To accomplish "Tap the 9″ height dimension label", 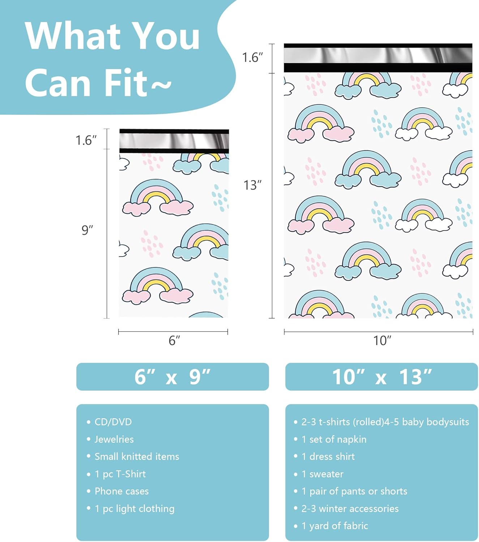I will (x=87, y=230).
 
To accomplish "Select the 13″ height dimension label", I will (x=252, y=185).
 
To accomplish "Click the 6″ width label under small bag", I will (x=174, y=340).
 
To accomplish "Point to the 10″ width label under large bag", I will (x=382, y=340).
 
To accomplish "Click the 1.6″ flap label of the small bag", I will (x=86, y=140).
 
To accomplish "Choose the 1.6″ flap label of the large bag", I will (x=252, y=57).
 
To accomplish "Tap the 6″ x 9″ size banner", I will (x=172, y=377).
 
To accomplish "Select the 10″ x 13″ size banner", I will (x=381, y=377).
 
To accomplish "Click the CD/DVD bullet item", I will (x=113, y=422).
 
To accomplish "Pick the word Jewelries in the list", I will (x=114, y=439).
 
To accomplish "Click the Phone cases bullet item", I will (x=121, y=491).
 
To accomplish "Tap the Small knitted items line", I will (x=137, y=456).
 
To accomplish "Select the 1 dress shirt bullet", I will (x=328, y=456).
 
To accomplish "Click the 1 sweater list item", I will (x=322, y=474).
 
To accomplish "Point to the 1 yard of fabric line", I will (x=335, y=526).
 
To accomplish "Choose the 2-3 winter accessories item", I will (x=350, y=508).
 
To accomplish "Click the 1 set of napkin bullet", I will (x=334, y=439).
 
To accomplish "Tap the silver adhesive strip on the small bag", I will (x=174, y=141).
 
